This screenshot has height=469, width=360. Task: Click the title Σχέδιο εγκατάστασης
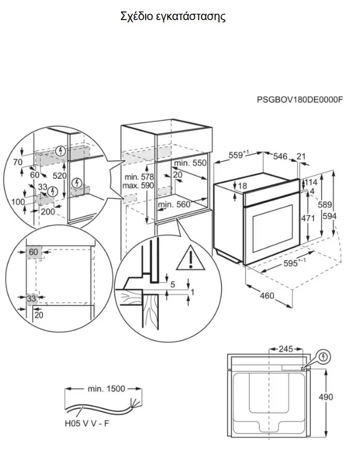tap(173, 17)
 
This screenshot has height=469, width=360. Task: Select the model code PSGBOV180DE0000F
tap(300, 100)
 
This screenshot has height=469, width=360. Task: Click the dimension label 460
tap(267, 295)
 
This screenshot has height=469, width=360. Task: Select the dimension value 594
tap(330, 216)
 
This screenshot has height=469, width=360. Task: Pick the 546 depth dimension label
tap(280, 156)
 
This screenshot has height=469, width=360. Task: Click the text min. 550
tap(190, 163)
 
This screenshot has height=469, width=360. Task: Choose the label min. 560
tap(174, 205)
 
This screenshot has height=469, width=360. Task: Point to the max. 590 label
tap(138, 185)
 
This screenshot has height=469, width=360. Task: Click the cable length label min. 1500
tap(106, 389)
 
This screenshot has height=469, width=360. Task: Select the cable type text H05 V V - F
tap(87, 424)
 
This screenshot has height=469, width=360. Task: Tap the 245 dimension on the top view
tap(286, 349)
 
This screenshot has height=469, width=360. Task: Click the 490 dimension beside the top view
tap(326, 397)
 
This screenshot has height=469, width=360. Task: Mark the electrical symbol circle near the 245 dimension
tap(323, 356)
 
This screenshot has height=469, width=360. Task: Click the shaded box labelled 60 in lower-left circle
tap(34, 252)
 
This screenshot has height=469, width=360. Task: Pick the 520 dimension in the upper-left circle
tap(60, 175)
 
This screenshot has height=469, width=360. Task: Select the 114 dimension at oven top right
tap(311, 182)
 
